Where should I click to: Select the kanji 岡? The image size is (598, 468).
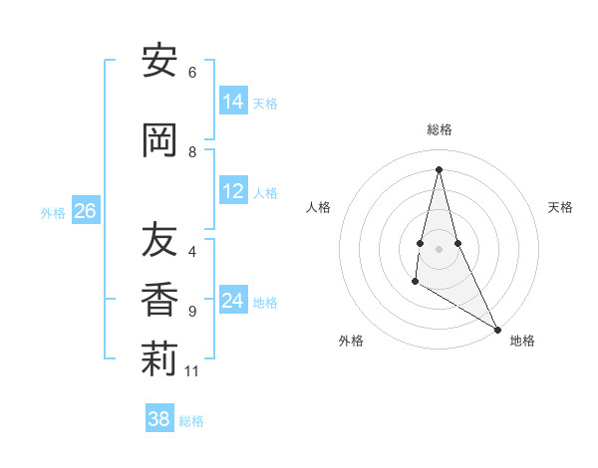(159, 141)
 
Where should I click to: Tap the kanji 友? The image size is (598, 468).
(159, 240)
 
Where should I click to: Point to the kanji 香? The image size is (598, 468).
(159, 300)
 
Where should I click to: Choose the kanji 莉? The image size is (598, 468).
(159, 360)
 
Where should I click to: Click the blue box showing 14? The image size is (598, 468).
(233, 103)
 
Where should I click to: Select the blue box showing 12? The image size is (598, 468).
(233, 191)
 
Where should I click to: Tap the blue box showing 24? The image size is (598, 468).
(233, 301)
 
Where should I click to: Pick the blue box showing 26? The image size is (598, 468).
(85, 211)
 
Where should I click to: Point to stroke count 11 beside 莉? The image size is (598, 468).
(192, 371)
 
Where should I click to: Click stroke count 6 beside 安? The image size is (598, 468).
(192, 73)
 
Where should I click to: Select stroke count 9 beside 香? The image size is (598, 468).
(192, 312)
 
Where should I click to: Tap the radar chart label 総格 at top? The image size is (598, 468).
(440, 129)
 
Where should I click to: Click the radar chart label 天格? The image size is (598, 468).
(560, 207)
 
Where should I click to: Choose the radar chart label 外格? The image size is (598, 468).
(351, 341)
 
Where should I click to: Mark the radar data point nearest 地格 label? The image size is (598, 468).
(497, 329)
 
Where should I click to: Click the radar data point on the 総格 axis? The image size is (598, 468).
(439, 168)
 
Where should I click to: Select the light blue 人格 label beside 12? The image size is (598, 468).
(265, 192)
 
